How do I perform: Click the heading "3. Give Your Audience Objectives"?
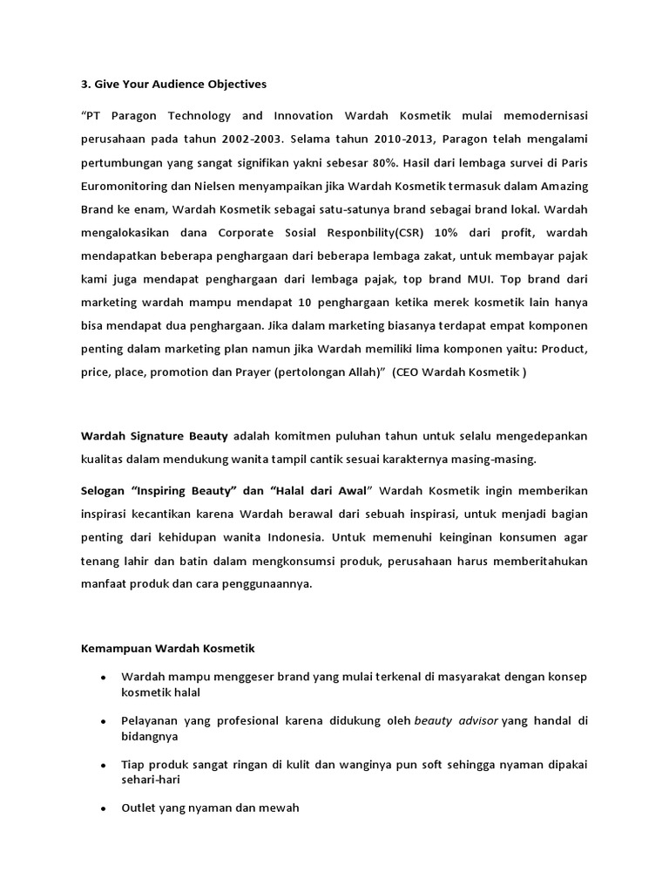tap(174, 85)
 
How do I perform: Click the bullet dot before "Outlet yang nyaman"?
tap(104, 809)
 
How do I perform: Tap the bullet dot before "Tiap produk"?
tap(104, 765)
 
